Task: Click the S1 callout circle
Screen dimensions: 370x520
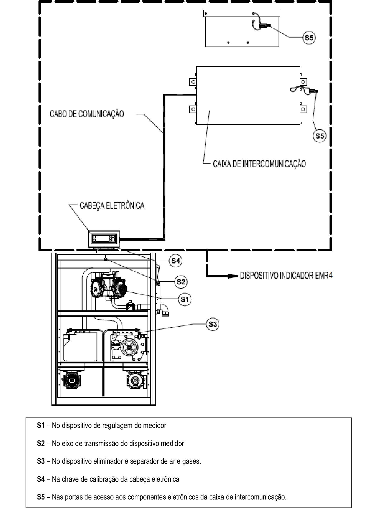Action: coord(184,299)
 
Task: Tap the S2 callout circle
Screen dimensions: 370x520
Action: coord(181,282)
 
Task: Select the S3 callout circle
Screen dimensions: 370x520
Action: coord(212,324)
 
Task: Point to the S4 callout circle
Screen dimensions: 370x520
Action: coord(175,261)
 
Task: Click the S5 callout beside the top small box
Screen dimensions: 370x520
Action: coord(309,38)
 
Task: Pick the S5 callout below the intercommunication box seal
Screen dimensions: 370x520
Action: coord(320,136)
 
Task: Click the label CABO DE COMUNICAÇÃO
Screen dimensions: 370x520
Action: coord(87,114)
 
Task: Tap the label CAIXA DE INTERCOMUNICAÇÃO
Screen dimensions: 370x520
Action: coord(259,164)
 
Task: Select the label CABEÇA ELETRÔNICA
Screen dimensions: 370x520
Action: coord(112,205)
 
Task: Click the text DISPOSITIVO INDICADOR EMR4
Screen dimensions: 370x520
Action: coord(286,276)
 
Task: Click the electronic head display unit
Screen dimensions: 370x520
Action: coord(104,239)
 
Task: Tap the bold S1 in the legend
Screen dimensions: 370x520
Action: coord(41,425)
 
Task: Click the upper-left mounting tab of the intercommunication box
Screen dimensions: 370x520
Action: coord(193,82)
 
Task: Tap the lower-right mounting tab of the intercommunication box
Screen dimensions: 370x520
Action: coord(304,109)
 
